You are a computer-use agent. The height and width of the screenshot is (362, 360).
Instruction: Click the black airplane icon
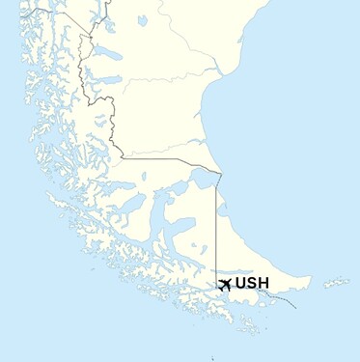[x=225, y=284]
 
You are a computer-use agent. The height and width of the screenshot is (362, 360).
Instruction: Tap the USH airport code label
[x=252, y=284]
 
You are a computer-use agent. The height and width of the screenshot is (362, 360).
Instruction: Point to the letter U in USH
[x=241, y=284]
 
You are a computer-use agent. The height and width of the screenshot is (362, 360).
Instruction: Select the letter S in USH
[x=252, y=284]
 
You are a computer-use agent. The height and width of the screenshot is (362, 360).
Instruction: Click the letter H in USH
[x=263, y=284]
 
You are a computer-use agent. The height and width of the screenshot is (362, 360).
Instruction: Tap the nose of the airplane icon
[x=231, y=282]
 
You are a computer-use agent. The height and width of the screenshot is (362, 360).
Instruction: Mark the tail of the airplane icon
[x=220, y=287]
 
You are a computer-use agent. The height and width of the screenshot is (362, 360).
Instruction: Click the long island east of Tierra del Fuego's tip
[x=336, y=283]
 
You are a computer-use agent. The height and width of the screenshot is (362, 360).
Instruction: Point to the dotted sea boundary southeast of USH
[x=285, y=299]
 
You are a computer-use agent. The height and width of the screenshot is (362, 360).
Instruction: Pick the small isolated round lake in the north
[x=143, y=19]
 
